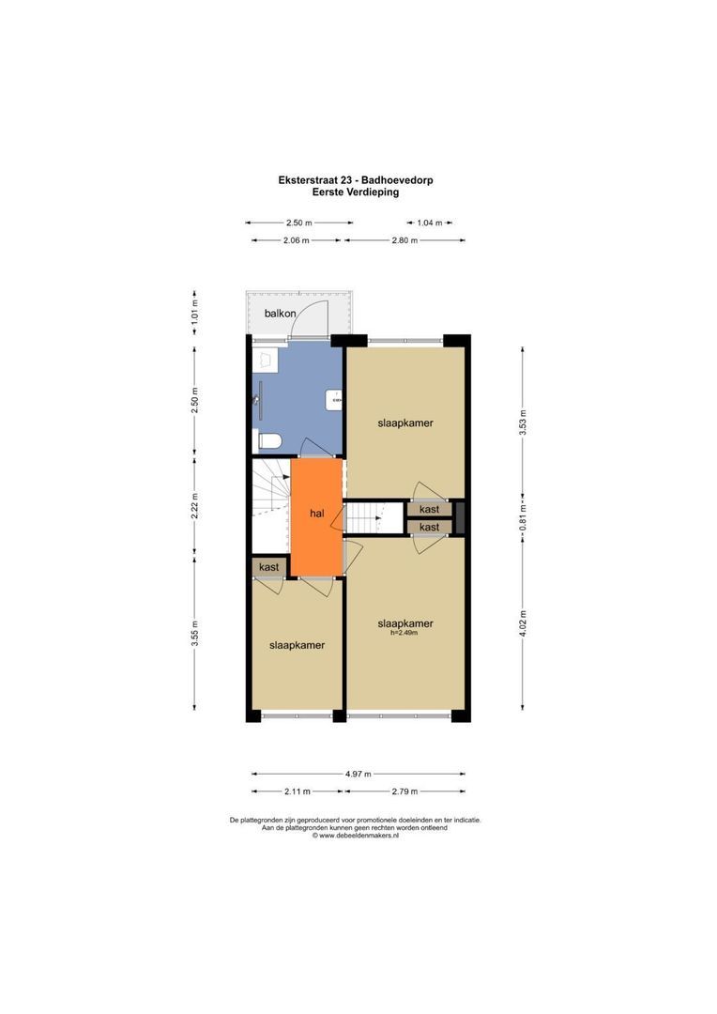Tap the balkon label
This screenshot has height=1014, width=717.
pyautogui.click(x=280, y=313)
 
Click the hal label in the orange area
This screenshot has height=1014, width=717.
pyautogui.click(x=317, y=514)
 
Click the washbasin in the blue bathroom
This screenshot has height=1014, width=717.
pyautogui.click(x=334, y=400)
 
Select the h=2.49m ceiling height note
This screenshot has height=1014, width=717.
pyautogui.click(x=404, y=633)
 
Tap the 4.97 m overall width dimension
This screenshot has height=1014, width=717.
pyautogui.click(x=358, y=774)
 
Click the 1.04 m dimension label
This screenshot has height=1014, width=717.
pyautogui.click(x=431, y=223)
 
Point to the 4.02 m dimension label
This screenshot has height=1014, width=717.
pyautogui.click(x=524, y=622)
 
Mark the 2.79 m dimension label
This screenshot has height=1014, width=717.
pyautogui.click(x=404, y=791)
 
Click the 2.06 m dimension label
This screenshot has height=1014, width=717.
pyautogui.click(x=297, y=240)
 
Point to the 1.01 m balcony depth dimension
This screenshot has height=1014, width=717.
pyautogui.click(x=194, y=310)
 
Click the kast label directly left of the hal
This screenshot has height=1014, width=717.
pyautogui.click(x=268, y=567)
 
